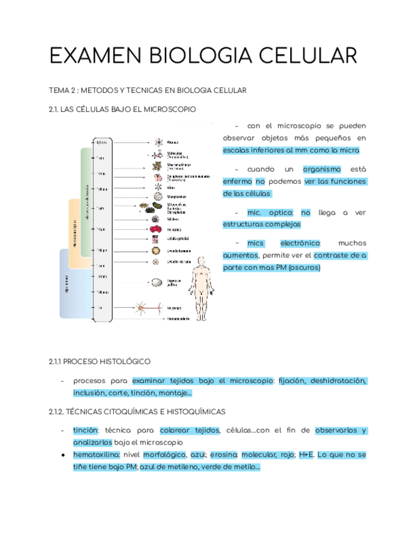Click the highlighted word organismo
pos(322,169)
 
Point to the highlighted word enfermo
pos(237,181)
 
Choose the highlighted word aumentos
pos(240,255)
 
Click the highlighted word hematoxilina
pos(96,455)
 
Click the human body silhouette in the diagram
pos(201,279)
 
